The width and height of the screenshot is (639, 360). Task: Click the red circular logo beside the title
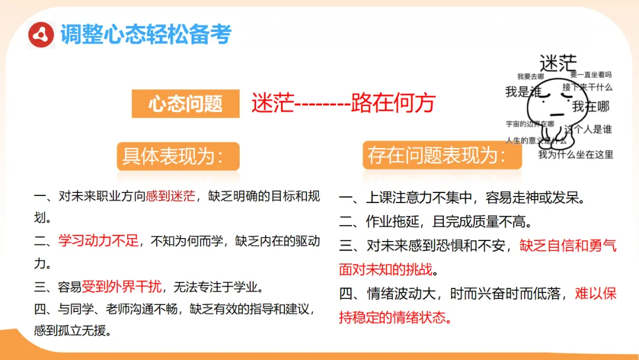[x=42, y=35]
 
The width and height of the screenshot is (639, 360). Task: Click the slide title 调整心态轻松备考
[x=146, y=35]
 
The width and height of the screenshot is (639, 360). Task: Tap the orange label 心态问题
[x=185, y=104]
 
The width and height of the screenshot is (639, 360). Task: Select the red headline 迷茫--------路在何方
[x=343, y=103]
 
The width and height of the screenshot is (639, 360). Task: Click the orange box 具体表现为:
[x=177, y=156]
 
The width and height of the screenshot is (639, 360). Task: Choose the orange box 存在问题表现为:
[x=441, y=156]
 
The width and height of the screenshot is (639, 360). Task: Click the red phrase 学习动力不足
[x=98, y=241]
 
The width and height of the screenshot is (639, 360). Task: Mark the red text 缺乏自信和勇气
[x=568, y=246]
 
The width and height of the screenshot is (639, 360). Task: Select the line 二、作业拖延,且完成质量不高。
[x=435, y=222]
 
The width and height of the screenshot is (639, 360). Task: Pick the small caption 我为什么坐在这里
[x=575, y=155]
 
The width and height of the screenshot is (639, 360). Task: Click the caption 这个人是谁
[x=589, y=130]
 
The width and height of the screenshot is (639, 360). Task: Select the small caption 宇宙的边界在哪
[x=530, y=124]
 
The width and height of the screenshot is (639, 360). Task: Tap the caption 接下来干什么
[x=587, y=88]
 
